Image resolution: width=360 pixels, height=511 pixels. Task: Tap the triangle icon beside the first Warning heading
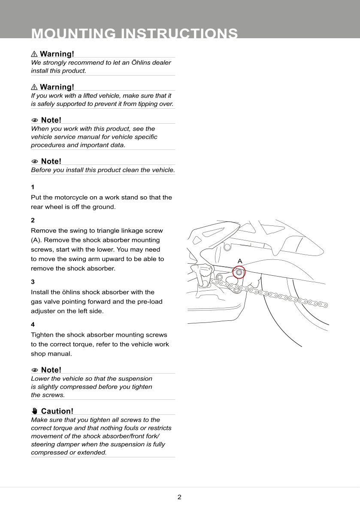coord(34,54)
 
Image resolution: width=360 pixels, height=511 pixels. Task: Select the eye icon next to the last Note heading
coord(35,370)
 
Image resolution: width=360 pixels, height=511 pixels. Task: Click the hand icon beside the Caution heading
coord(35,411)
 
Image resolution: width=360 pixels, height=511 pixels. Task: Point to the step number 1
coord(33,187)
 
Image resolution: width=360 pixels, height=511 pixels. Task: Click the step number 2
coord(33,220)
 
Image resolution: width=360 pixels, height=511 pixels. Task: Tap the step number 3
coord(33,282)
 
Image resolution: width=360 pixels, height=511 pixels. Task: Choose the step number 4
coord(33,325)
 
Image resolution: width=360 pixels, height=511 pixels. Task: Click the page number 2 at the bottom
coord(179,497)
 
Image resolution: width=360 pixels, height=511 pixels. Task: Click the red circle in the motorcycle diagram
coord(239,272)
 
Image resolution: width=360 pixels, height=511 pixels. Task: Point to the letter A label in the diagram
coord(240,261)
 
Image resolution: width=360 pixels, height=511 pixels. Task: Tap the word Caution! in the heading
coord(57,411)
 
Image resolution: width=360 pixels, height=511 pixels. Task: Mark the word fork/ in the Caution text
coord(151,436)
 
